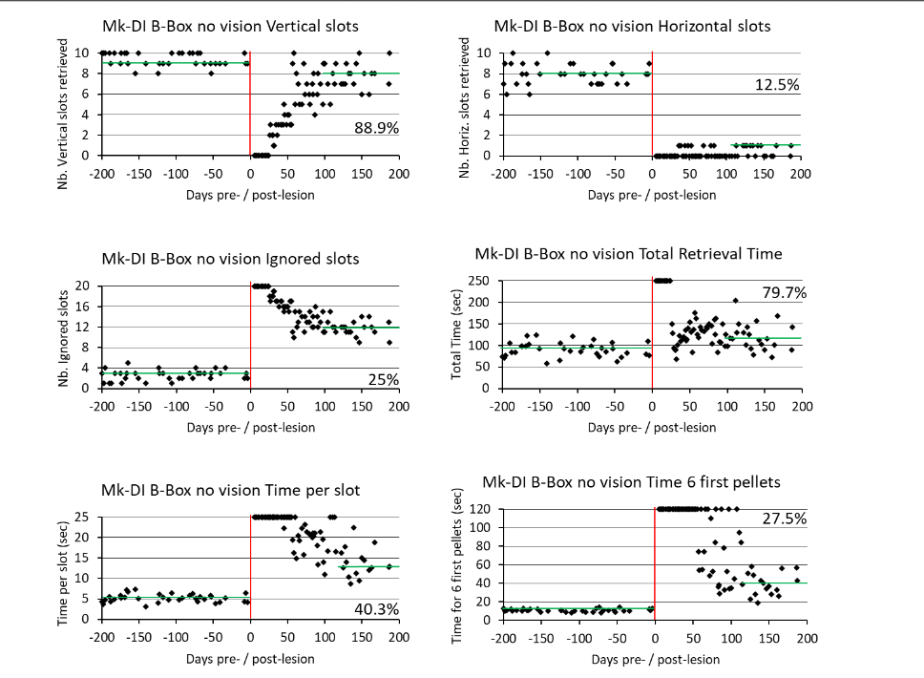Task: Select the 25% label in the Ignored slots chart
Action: coord(383,380)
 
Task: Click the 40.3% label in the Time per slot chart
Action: coord(377,609)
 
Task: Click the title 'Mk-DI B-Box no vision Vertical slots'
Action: coord(230,26)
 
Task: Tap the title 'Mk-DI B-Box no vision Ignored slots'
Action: coord(230,259)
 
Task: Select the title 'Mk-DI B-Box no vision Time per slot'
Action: coord(230,491)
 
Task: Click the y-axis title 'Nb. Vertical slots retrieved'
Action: coord(64,113)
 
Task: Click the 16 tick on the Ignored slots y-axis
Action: coord(82,307)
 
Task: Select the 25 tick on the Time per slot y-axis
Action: coord(82,517)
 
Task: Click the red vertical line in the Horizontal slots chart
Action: coord(652,103)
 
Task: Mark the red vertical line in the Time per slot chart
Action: coord(250,568)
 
